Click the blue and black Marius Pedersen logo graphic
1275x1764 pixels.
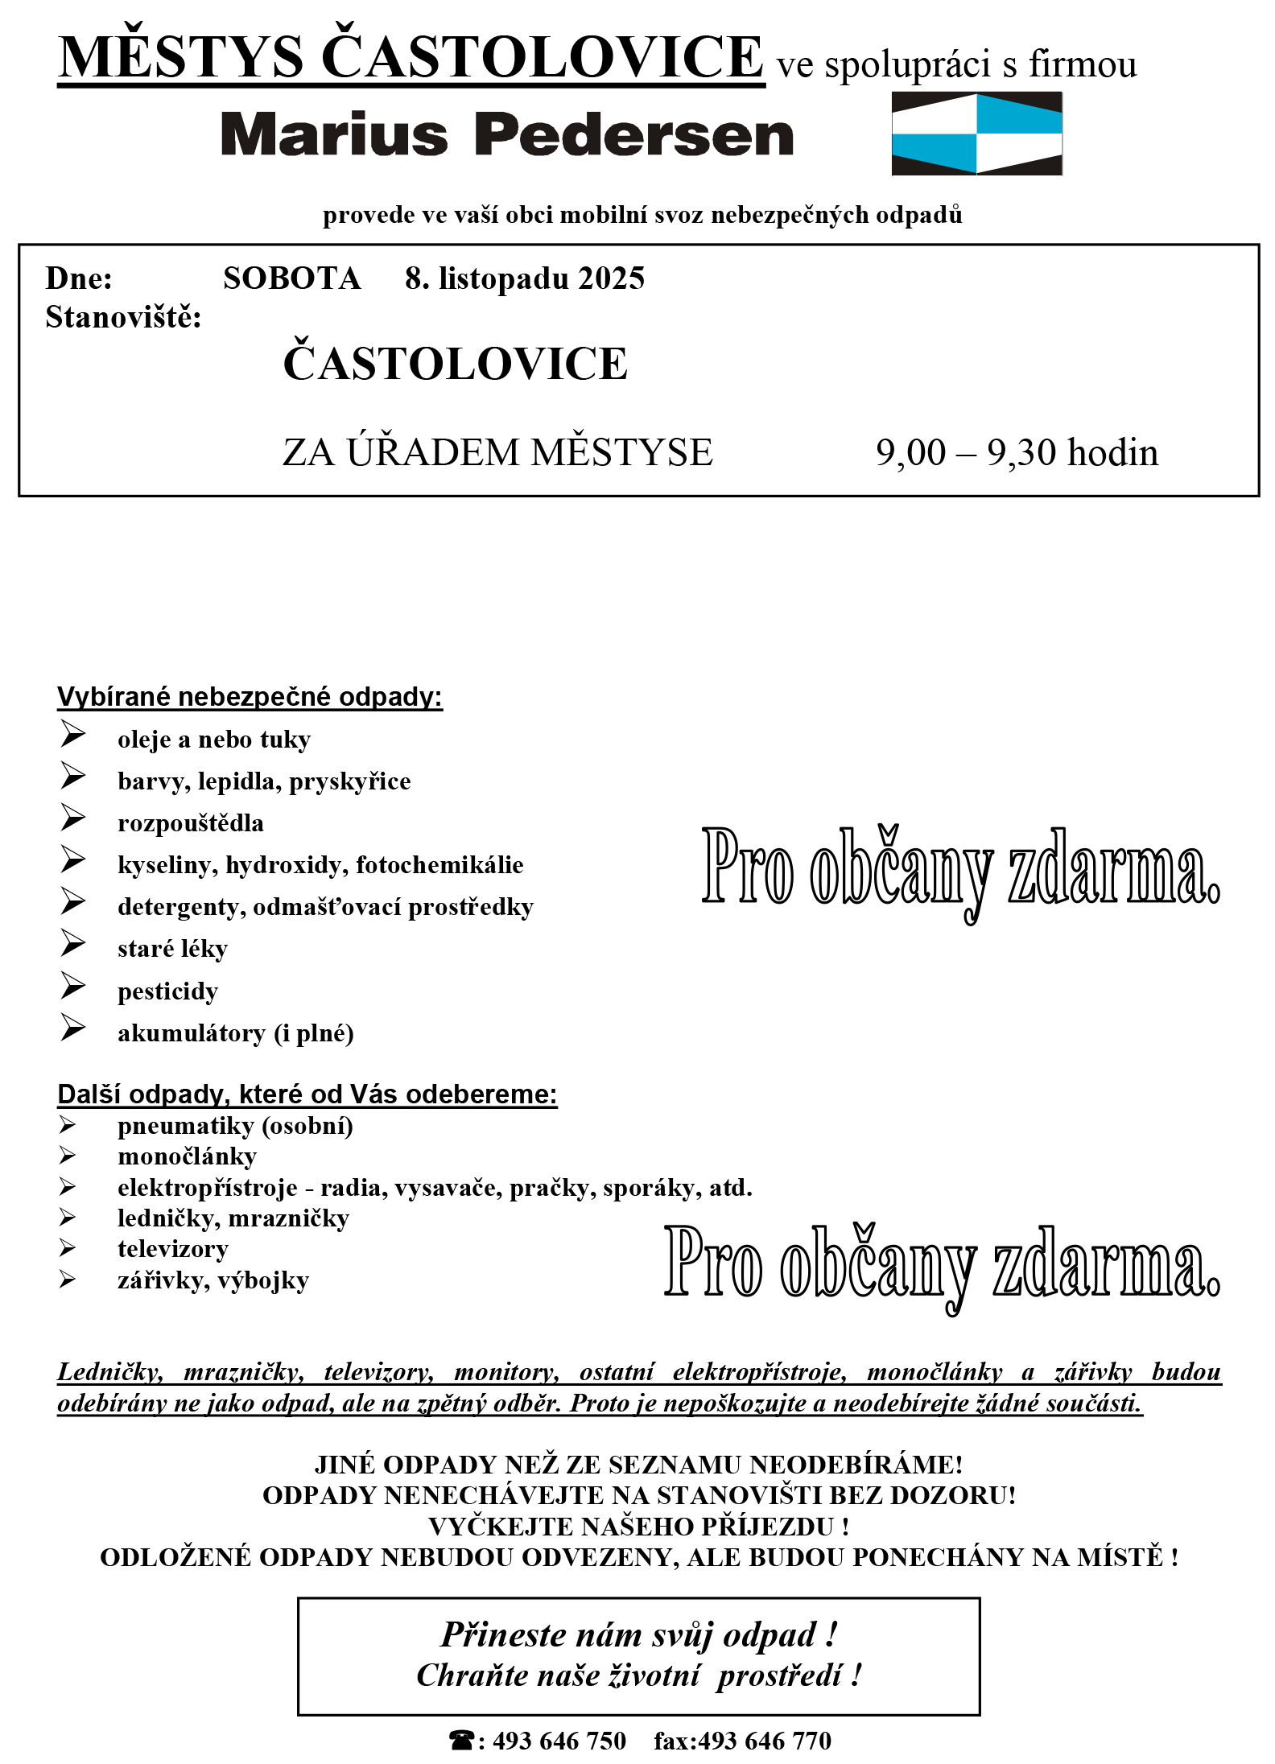click(976, 134)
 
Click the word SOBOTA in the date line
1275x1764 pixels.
click(291, 278)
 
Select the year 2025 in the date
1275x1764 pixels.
click(611, 278)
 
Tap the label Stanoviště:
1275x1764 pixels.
click(123, 317)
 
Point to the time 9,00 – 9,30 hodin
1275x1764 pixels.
click(1017, 452)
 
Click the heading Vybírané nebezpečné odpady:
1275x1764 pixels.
click(250, 697)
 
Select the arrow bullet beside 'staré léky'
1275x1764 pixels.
click(72, 943)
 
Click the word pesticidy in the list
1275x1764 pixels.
click(167, 991)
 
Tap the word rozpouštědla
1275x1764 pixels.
click(191, 823)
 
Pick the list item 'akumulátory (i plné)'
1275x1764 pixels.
click(236, 1033)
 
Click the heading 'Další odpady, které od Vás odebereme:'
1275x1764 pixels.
click(307, 1094)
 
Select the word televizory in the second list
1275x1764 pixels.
click(173, 1249)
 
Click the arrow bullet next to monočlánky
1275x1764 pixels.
click(68, 1156)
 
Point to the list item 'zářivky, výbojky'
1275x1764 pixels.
click(213, 1280)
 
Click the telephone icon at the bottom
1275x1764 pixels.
click(461, 1740)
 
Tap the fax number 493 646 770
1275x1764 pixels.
click(764, 1741)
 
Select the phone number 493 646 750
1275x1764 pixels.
click(559, 1741)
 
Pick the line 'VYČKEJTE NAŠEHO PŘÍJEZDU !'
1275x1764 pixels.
click(638, 1527)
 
